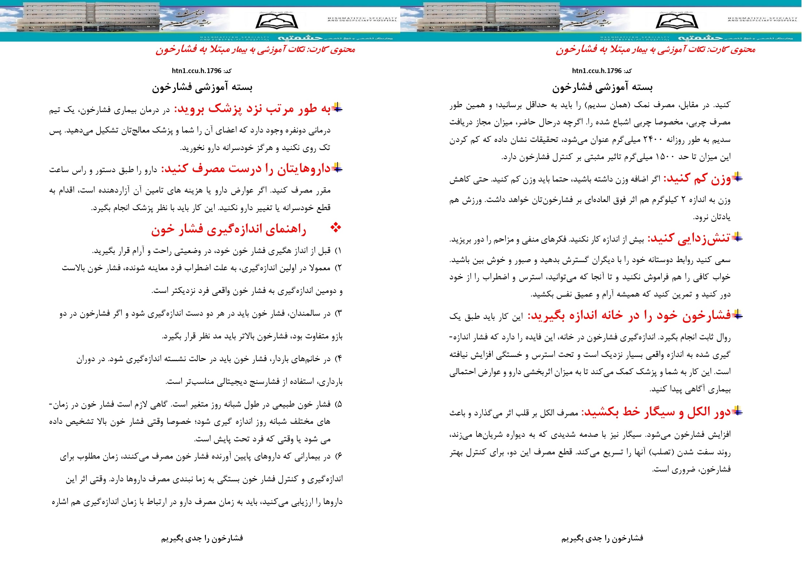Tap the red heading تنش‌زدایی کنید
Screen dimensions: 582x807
[688, 238]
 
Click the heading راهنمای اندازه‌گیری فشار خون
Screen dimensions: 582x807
[228, 230]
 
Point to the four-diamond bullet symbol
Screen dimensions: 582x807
[336, 227]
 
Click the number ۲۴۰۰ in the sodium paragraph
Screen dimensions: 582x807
[654, 140]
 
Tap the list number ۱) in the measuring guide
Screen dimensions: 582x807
[338, 251]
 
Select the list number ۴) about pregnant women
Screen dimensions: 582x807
[338, 359]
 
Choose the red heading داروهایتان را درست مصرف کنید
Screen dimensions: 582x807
[246, 169]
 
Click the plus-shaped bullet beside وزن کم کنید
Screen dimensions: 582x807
[737, 177]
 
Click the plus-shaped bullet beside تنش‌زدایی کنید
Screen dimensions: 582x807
[737, 237]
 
